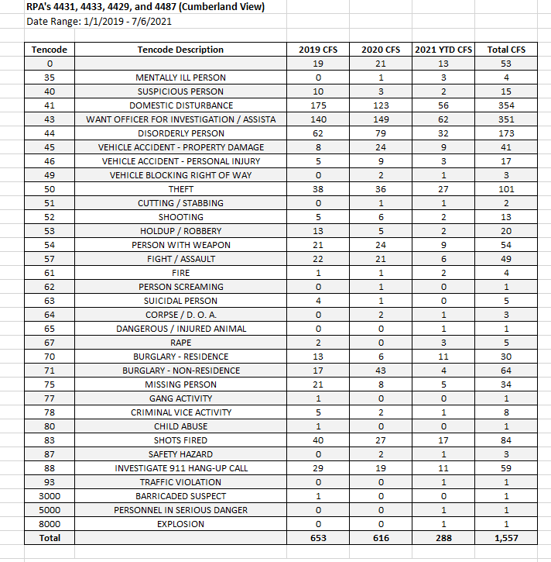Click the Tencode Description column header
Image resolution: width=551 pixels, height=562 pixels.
180,50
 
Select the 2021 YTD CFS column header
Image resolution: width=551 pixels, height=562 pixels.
443,50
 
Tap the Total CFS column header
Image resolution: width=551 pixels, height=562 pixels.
506,50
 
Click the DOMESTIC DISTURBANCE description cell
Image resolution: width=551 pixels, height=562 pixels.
180,105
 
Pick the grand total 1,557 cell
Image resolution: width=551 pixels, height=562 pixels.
506,538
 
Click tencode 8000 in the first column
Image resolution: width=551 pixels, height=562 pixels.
50,524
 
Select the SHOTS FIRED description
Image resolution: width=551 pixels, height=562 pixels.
180,440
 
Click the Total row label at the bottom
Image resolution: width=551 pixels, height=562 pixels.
50,538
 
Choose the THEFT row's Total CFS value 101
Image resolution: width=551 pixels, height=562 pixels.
506,189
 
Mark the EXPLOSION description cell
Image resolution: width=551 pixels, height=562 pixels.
180,524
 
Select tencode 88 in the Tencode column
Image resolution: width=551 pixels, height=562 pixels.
50,468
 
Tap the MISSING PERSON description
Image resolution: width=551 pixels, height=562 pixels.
180,384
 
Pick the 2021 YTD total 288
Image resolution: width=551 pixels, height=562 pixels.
443,538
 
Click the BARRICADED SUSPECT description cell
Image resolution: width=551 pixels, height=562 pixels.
180,496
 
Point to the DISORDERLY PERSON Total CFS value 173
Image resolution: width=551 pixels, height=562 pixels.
506,133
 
